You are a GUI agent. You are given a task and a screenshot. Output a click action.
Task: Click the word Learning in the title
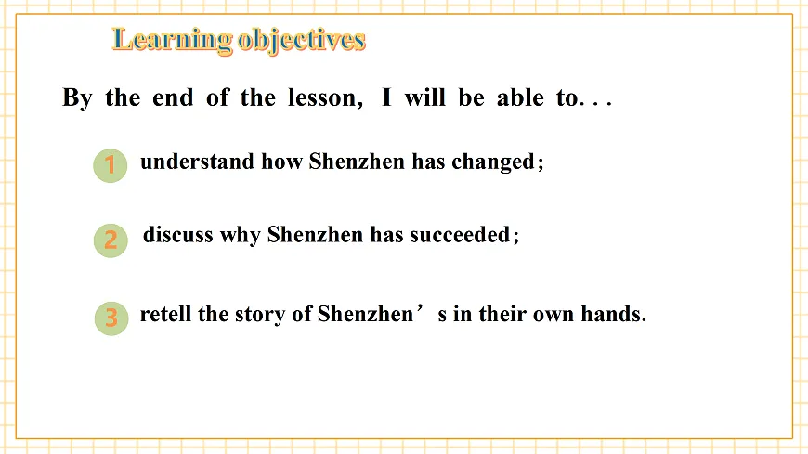point(172,40)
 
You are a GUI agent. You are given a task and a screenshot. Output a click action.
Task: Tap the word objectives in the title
point(302,40)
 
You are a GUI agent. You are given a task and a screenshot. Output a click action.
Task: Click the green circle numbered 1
point(111,165)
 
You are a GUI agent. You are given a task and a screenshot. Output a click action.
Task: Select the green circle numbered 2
point(111,240)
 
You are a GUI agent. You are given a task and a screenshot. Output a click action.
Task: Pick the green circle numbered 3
point(111,318)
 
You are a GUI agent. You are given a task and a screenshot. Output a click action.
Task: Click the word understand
point(198,162)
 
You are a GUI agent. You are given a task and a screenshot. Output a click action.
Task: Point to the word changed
point(493,162)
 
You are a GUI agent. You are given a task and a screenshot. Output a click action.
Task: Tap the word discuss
point(178,235)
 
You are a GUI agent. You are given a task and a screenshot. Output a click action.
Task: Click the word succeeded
point(460,235)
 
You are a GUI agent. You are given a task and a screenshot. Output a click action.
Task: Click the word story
point(260,315)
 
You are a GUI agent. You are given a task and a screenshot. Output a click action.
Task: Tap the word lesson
point(322,97)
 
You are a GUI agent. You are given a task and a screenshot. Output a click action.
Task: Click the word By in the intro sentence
point(77,98)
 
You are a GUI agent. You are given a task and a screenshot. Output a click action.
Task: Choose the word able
point(520,97)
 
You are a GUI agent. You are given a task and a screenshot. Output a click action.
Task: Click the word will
point(424,97)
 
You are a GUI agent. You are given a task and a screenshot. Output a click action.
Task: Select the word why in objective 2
point(241,236)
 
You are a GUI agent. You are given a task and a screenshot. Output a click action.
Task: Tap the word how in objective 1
point(282,162)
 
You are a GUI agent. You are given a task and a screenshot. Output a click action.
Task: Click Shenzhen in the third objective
point(365,314)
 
